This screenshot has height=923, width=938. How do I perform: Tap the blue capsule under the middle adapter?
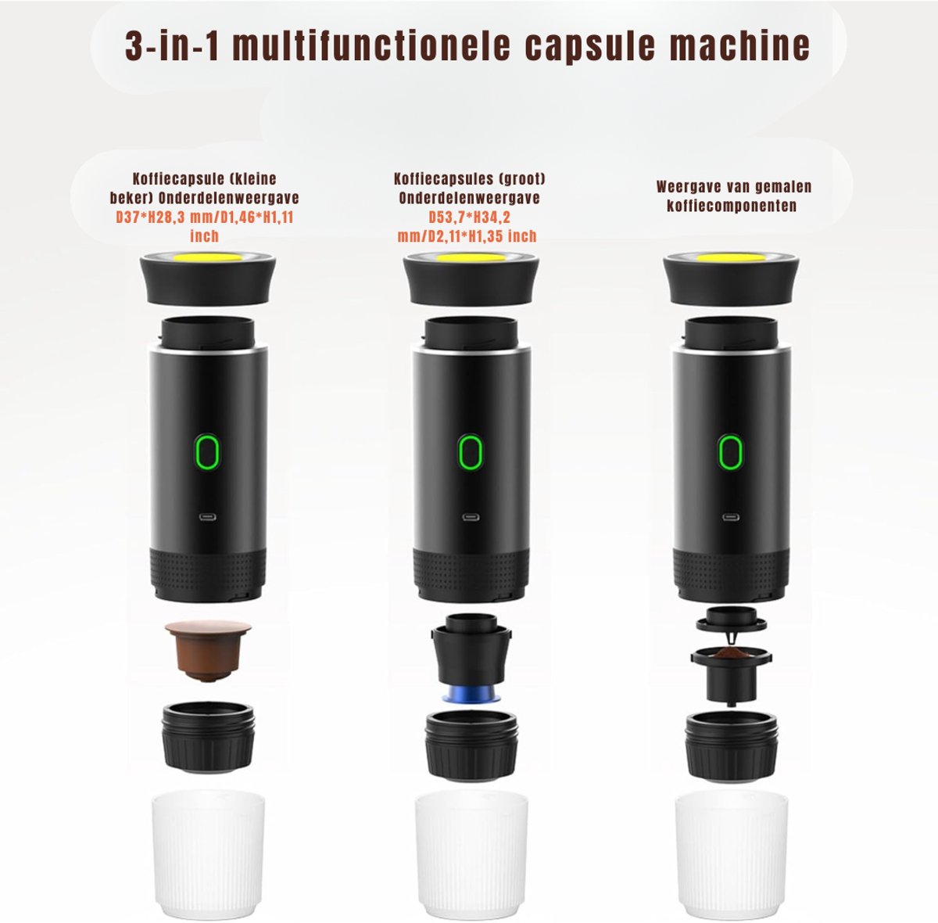tap(471, 694)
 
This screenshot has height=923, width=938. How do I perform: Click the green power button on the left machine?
tap(207, 452)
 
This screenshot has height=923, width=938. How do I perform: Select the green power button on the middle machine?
tap(471, 452)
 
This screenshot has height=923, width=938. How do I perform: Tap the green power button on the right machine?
tap(730, 452)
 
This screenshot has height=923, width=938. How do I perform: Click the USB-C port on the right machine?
tap(730, 517)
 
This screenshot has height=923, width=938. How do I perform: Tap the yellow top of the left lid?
tap(209, 257)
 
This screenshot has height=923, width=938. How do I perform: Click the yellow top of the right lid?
tap(731, 257)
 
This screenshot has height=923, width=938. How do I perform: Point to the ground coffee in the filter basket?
tap(731, 652)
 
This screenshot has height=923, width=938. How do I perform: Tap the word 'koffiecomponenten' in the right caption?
tap(731, 206)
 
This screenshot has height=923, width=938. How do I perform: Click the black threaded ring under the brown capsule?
tap(208, 736)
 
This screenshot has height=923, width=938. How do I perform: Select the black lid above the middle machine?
tap(471, 280)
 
